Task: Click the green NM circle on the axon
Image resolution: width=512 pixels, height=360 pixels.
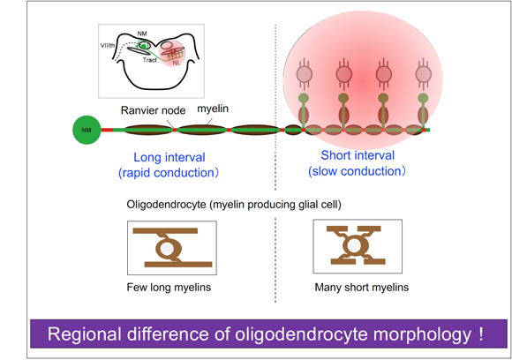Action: [x=86, y=131]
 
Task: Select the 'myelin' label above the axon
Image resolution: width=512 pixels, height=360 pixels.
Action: [x=213, y=109]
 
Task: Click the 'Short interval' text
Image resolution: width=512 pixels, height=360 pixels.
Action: [x=357, y=155]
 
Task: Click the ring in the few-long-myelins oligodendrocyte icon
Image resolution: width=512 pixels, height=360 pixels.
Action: [x=166, y=249]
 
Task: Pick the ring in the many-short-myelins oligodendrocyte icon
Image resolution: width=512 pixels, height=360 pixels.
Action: [x=358, y=247]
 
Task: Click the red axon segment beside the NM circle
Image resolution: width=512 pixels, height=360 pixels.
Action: [x=107, y=131]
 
